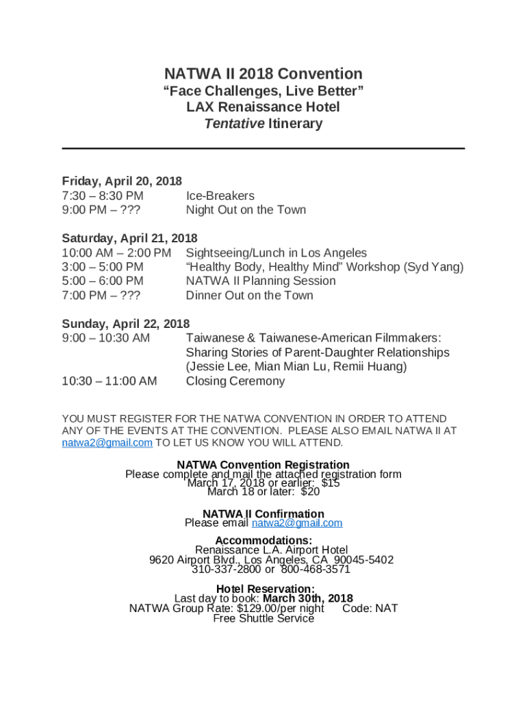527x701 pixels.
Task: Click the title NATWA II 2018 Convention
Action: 263,74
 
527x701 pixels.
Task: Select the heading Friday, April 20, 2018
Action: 122,181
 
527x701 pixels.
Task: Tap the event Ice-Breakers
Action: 220,196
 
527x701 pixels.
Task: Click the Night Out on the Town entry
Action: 246,210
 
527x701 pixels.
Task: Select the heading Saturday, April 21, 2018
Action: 129,238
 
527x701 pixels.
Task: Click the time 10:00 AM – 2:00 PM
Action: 116,253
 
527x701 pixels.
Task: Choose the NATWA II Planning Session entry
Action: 261,281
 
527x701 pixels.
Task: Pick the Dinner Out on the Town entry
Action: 249,296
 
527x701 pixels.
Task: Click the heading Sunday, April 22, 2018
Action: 126,324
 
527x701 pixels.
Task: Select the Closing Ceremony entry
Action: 235,381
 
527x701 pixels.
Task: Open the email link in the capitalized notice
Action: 107,443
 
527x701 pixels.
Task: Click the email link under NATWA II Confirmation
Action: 297,523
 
